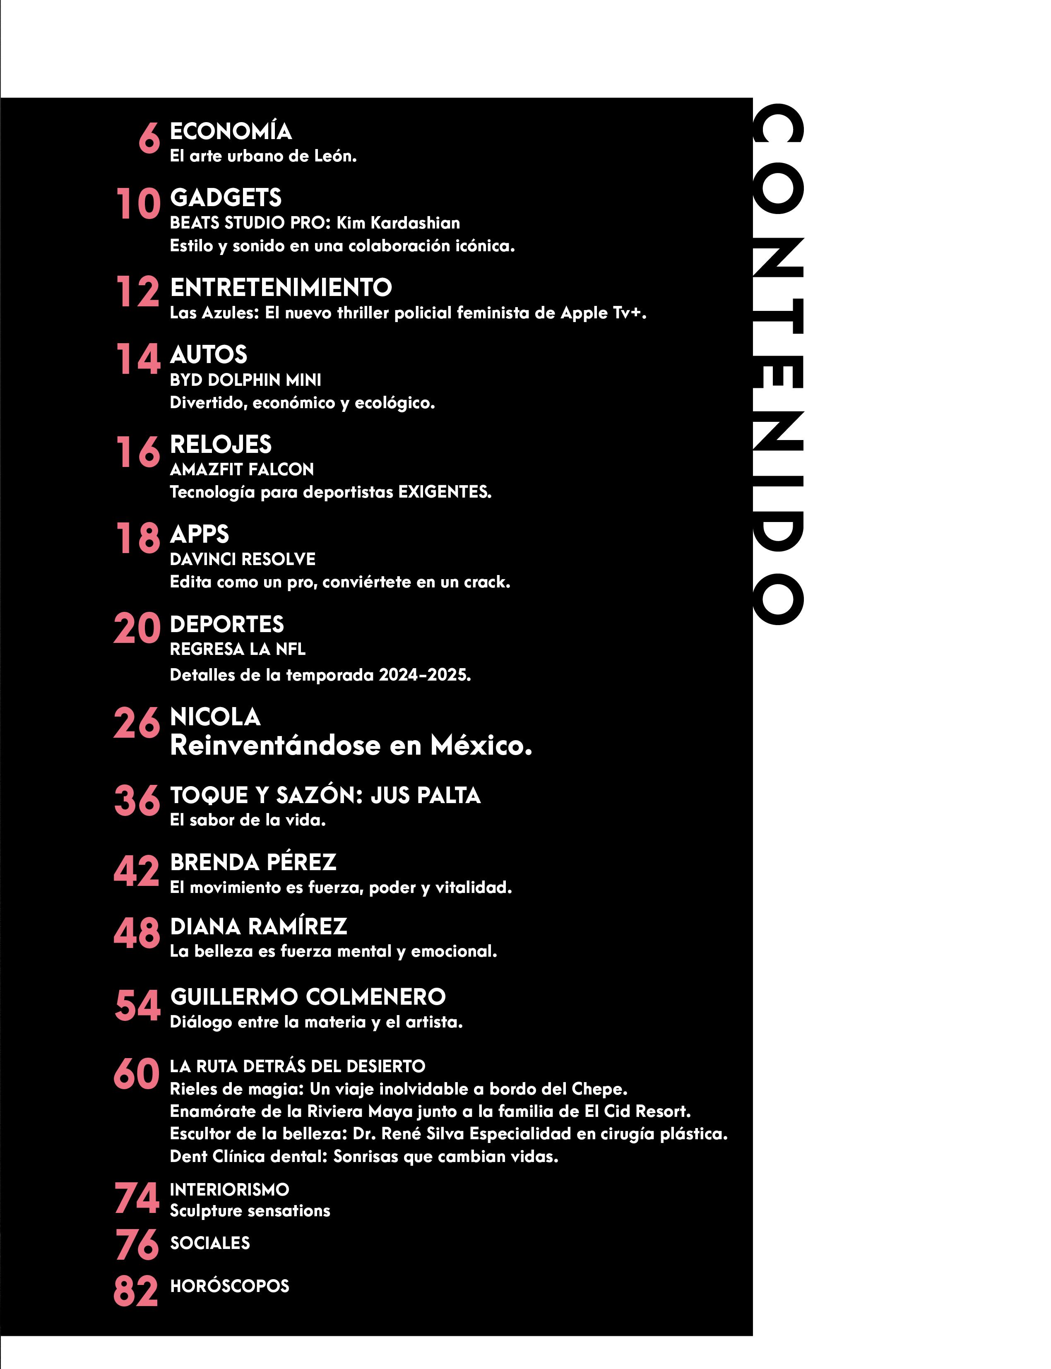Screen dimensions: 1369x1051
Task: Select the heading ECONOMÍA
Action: [x=231, y=131]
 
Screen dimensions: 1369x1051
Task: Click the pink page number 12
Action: [x=137, y=292]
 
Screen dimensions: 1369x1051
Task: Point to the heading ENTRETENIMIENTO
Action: [x=281, y=288]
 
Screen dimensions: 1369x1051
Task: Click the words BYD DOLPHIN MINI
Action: [x=245, y=380]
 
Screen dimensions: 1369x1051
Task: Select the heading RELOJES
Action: [x=221, y=444]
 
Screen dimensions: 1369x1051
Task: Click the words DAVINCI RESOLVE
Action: [x=243, y=559]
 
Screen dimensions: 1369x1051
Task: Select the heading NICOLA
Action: [x=215, y=717]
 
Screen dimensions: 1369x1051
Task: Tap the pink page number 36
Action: [x=137, y=800]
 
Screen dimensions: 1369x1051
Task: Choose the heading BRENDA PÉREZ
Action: [x=253, y=862]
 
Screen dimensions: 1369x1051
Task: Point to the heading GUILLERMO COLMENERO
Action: [x=308, y=997]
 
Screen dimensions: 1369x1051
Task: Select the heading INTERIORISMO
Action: [x=230, y=1189]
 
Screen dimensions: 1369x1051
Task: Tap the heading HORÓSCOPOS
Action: [x=230, y=1286]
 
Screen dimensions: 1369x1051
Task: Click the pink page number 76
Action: [x=137, y=1245]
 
